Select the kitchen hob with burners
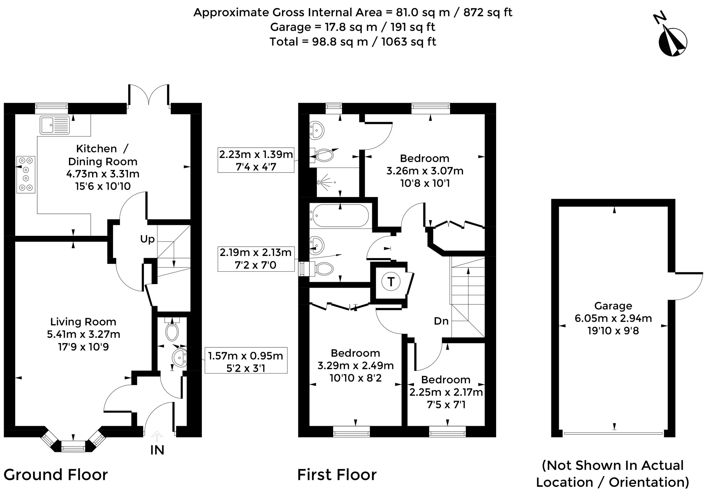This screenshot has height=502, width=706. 26,175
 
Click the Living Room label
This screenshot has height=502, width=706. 83,322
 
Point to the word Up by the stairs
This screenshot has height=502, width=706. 147,239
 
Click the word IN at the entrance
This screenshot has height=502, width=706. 157,450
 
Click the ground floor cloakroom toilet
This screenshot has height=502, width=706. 172,329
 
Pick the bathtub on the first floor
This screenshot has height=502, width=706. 340,216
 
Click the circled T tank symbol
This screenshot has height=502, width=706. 391,282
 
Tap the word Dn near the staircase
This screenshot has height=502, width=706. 441,321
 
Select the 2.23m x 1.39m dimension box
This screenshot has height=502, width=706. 256,160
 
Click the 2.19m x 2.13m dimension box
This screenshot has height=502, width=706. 256,259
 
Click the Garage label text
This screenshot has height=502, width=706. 613,306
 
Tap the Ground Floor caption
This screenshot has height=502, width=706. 56,475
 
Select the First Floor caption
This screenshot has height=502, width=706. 337,475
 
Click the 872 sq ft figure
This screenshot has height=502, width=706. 488,12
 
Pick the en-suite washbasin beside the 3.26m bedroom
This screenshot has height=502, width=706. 317,130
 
